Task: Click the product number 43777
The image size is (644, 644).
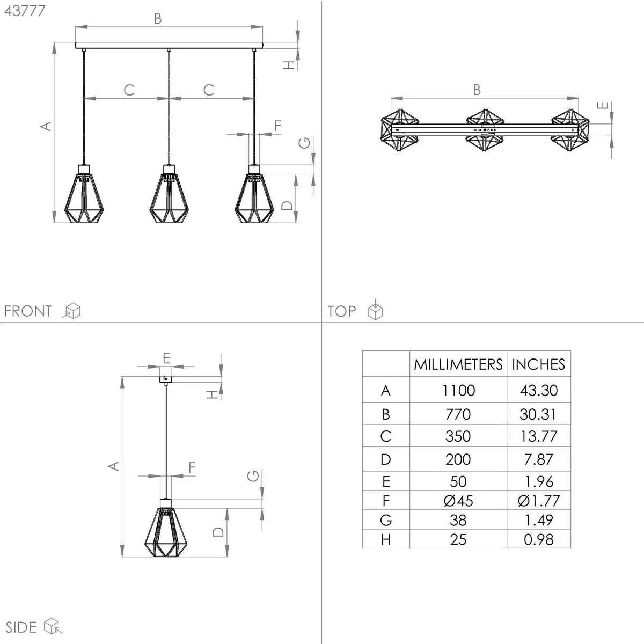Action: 25,11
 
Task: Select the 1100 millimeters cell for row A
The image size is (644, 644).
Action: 458,390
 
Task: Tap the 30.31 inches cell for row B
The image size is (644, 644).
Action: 538,414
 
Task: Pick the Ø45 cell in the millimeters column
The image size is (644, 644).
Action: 458,501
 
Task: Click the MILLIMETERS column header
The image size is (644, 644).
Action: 458,364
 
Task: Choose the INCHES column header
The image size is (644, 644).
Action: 538,364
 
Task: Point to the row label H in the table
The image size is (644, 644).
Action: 386,540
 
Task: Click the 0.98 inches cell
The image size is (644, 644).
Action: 538,540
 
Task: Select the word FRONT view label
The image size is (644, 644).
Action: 28,311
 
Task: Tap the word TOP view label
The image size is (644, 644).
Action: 341,311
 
